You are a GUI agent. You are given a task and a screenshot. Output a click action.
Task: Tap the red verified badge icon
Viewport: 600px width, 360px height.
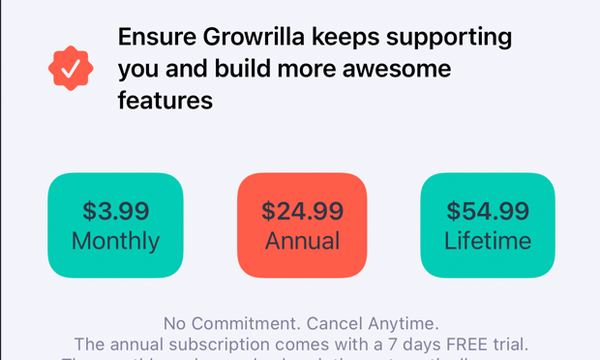point(72,69)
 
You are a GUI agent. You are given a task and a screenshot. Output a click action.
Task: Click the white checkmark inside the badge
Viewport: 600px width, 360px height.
point(72,69)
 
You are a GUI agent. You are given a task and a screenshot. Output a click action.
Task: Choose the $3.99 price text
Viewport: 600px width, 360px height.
point(115,211)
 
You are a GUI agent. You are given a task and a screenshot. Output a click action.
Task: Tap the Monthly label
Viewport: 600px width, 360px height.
point(115,241)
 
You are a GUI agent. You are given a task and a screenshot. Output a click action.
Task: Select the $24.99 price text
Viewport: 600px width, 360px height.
point(302,211)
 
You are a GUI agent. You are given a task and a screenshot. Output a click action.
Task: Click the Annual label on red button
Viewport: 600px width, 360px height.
point(302,241)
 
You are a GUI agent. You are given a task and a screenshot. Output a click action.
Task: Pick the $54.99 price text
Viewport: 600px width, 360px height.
point(488,211)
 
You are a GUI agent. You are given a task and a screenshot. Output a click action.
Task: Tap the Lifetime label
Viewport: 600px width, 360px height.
point(488,241)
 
